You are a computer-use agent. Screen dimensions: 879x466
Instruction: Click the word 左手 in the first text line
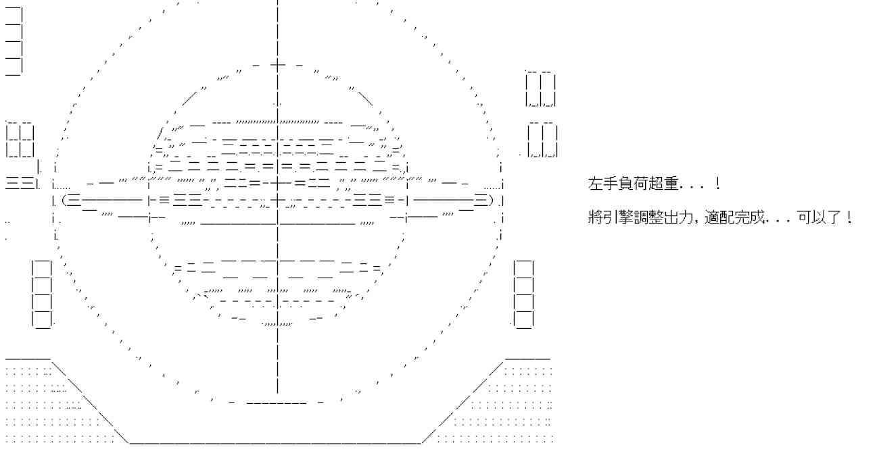tap(602, 184)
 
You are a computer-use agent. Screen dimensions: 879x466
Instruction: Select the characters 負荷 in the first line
tap(633, 184)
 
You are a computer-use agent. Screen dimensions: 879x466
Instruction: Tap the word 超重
tap(663, 184)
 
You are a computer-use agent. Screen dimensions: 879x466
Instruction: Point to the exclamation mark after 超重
tap(717, 184)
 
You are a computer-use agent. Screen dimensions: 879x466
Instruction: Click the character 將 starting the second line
tap(595, 217)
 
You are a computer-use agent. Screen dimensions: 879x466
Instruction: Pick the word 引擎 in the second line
tap(618, 217)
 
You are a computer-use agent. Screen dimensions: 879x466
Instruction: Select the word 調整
tap(648, 217)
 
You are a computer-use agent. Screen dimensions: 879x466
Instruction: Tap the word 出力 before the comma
tap(678, 217)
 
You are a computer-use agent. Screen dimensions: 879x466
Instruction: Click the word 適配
tap(719, 217)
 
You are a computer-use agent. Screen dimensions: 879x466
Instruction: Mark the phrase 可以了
tap(819, 217)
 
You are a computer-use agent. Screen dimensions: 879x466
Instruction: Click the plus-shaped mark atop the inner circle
tap(277, 66)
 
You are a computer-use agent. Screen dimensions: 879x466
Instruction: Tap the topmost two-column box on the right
tap(541, 89)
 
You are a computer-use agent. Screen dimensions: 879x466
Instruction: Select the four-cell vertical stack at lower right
tap(524, 294)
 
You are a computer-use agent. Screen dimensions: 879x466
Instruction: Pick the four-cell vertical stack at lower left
tap(42, 294)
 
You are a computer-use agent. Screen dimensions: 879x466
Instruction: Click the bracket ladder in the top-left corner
tap(14, 41)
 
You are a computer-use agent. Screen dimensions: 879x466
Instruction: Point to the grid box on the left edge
tap(20, 140)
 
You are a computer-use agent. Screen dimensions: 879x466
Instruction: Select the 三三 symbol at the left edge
tap(20, 183)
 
